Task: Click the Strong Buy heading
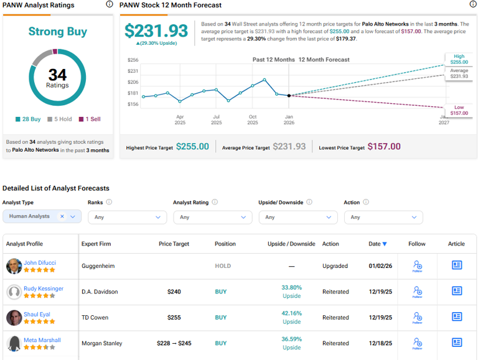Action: [58, 32]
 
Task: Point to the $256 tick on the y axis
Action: [133, 60]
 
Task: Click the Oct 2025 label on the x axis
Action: [253, 119]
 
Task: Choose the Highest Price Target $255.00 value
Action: [192, 147]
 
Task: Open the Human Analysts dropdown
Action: [42, 216]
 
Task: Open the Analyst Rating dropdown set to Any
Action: [212, 217]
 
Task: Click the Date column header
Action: [377, 244]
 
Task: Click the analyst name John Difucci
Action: [39, 262]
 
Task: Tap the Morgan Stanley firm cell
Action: [101, 343]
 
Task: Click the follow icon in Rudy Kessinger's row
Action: [417, 292]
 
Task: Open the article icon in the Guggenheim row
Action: [456, 265]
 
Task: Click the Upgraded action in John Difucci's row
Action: [335, 265]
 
